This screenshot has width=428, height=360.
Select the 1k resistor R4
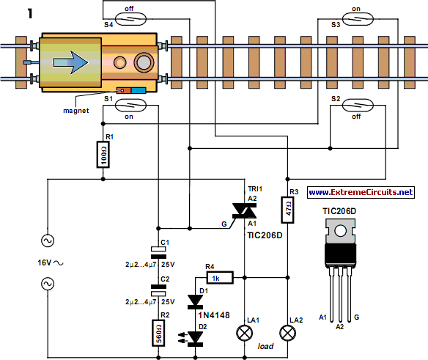(218, 278)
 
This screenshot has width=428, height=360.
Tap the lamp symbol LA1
(243, 334)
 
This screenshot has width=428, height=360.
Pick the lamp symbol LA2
(287, 334)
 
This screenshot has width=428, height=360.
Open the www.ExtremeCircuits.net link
(361, 192)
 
